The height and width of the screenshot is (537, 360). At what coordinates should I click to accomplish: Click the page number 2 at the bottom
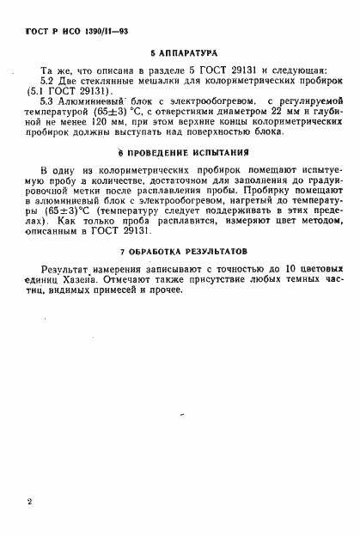[30, 500]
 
